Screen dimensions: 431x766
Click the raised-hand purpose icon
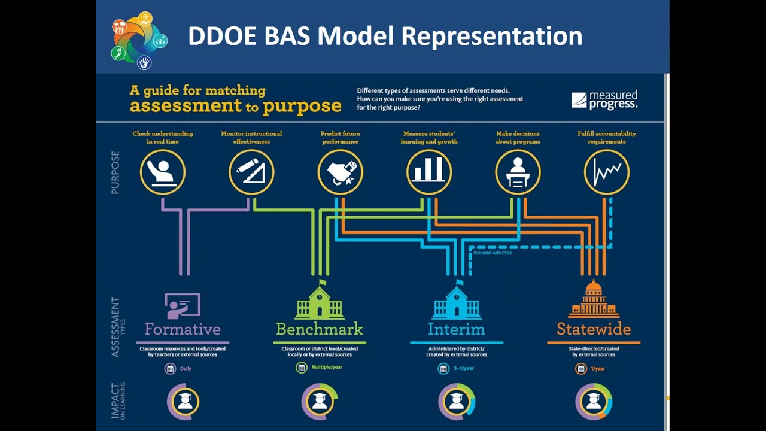point(163,172)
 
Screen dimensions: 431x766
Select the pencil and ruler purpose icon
point(251,172)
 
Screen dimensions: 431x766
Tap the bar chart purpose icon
point(429,172)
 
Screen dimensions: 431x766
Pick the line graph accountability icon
point(607,172)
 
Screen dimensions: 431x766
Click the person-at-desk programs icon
point(518,172)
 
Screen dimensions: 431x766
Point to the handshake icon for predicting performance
point(340,172)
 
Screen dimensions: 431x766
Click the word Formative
point(183,329)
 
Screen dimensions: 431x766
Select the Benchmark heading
point(320,329)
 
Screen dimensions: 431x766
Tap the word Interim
point(456,329)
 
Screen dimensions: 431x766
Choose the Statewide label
point(594,329)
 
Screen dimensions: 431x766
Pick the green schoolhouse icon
point(320,301)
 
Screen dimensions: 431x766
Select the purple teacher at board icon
point(183,306)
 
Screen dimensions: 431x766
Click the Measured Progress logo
point(604,99)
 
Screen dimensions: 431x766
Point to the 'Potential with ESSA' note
point(493,253)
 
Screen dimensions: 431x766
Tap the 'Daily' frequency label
point(186,368)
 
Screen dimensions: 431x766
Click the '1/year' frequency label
point(598,368)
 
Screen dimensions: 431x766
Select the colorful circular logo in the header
point(139,40)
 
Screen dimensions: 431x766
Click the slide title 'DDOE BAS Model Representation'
point(385,36)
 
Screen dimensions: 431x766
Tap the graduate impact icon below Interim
point(457,402)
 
